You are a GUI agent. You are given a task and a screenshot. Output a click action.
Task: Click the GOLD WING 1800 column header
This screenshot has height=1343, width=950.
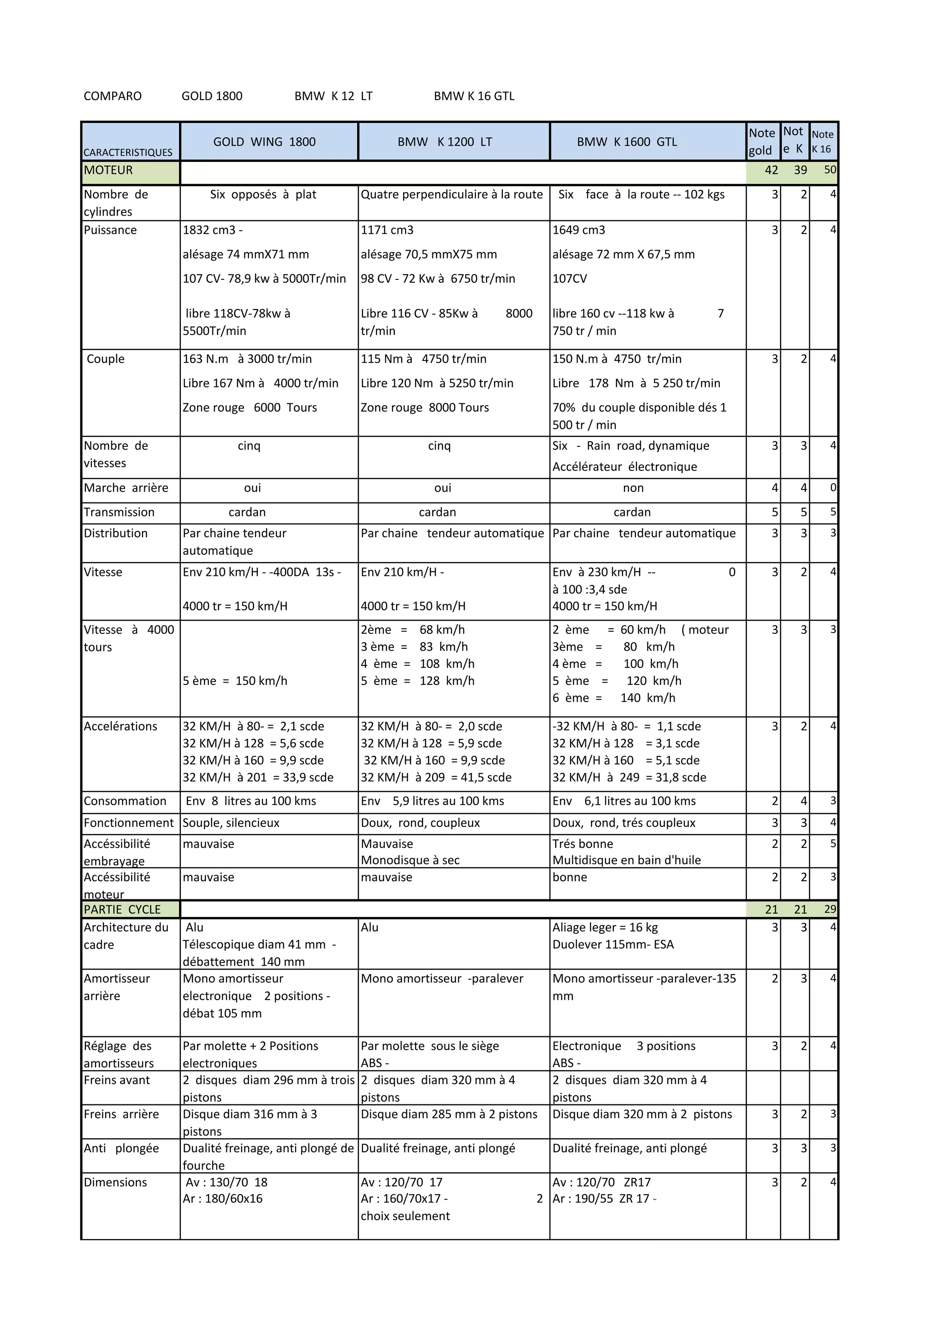tap(264, 142)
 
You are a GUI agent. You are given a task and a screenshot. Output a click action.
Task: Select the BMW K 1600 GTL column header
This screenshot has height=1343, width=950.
tap(627, 142)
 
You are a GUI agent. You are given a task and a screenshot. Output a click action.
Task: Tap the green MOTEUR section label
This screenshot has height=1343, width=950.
tap(109, 170)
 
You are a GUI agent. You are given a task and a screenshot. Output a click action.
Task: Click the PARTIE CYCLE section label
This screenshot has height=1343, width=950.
tap(122, 910)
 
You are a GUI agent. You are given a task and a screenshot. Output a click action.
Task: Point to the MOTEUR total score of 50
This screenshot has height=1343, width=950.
tap(829, 170)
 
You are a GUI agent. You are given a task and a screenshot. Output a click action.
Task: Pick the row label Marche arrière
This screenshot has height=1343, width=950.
tap(126, 488)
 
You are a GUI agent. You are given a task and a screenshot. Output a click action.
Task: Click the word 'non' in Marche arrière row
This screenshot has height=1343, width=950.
tap(633, 488)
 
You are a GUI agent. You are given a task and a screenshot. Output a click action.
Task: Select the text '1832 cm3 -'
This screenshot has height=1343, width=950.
tap(212, 230)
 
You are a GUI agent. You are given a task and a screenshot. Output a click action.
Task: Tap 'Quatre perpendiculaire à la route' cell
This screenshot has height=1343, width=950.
tap(452, 194)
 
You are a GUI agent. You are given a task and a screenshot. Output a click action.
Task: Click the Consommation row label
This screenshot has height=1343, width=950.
tap(125, 801)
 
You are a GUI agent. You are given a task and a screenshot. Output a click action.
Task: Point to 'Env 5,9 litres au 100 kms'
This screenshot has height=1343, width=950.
tap(432, 801)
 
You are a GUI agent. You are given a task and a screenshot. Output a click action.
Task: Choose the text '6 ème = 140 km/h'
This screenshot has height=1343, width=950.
tap(614, 698)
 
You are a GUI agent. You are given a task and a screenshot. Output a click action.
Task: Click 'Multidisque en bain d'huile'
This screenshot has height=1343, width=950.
tap(627, 860)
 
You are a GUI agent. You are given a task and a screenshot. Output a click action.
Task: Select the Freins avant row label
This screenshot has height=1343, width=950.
tap(117, 1080)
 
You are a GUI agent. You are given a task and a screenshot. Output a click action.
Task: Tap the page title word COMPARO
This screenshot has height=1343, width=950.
tap(112, 96)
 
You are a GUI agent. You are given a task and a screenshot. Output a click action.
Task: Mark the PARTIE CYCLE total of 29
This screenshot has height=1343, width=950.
tap(829, 910)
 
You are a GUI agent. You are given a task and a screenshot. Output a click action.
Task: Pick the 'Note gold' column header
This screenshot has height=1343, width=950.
tap(762, 142)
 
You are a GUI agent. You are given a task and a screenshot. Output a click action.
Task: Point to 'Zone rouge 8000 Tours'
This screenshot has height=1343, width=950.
tap(425, 408)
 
